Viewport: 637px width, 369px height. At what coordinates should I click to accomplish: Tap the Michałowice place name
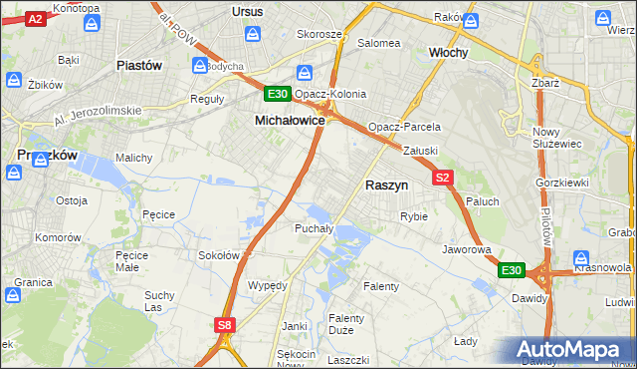pos(290,120)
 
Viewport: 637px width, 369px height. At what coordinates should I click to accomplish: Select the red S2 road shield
pos(444,178)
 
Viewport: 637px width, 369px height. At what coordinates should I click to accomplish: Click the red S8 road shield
pos(225,324)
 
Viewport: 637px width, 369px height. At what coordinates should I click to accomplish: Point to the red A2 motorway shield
pos(35,19)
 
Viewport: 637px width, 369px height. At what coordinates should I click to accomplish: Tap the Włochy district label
pos(448,52)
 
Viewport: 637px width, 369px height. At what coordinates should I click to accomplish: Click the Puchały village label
pos(313,228)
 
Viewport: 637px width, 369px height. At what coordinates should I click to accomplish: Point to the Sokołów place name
pos(219,255)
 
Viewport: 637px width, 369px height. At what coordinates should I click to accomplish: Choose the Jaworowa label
pos(467,248)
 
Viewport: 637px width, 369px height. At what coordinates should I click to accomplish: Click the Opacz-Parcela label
pos(404,128)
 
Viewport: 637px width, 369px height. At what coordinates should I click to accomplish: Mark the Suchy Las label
pos(159,301)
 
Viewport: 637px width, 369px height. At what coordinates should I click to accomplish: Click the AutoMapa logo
pos(568,350)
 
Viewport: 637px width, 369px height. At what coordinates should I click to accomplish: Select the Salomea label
pos(378,43)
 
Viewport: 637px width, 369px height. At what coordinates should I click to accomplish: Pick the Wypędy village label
pos(267,284)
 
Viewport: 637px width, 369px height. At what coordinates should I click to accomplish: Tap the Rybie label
pos(413,216)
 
